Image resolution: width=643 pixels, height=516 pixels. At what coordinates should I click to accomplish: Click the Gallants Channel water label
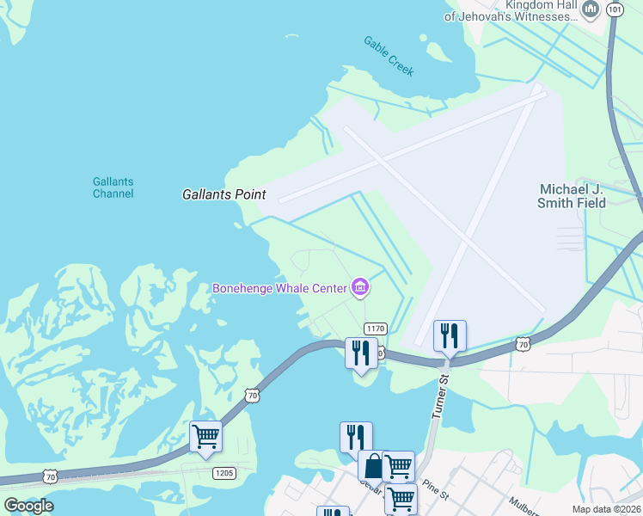[x=113, y=187]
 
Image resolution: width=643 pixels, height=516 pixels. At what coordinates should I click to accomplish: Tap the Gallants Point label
[x=224, y=195]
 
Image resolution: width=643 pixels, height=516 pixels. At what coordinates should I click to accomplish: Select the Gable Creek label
[x=389, y=56]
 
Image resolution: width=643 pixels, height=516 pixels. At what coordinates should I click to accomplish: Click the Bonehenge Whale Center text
[x=279, y=287]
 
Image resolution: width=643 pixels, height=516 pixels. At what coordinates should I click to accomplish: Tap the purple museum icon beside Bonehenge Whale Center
[x=360, y=287]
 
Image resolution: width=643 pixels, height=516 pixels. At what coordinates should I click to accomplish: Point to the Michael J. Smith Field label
[x=572, y=196]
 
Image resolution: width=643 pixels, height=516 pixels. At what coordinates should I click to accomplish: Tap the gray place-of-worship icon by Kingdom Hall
[x=590, y=11]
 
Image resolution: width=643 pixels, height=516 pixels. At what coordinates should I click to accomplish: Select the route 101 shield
[x=615, y=9]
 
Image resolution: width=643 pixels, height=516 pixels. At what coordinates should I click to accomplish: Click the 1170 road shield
[x=375, y=329]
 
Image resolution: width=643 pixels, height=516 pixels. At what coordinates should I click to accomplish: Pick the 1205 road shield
[x=224, y=473]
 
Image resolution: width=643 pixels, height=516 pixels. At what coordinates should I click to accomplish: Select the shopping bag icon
[x=373, y=466]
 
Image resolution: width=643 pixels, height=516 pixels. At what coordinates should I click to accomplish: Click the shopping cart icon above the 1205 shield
[x=206, y=436]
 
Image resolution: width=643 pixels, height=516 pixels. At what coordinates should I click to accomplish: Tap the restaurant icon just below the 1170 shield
[x=361, y=352]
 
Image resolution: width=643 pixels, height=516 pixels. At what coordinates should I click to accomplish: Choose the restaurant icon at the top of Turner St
[x=450, y=335]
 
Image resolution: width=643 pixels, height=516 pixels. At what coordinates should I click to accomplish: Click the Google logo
[x=29, y=506]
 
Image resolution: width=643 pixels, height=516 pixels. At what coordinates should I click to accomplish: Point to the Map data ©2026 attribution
[x=606, y=509]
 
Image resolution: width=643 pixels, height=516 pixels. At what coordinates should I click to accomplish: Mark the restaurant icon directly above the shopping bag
[x=355, y=436]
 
